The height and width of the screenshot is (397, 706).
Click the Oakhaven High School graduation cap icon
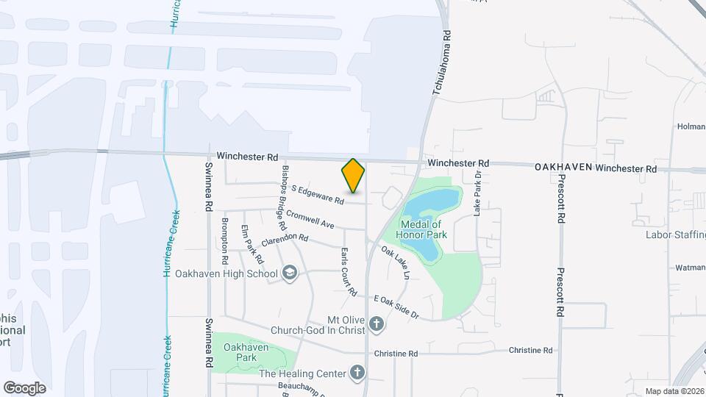tap(290, 273)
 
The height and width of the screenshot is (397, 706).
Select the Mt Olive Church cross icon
tap(377, 323)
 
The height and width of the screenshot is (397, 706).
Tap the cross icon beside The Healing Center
tap(358, 373)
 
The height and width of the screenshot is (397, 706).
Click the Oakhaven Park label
tap(246, 352)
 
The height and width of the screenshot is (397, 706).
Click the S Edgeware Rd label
tap(318, 195)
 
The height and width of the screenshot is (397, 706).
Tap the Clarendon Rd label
tap(284, 238)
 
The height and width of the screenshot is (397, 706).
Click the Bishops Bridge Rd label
tap(283, 193)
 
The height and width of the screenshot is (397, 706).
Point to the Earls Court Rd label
tap(347, 271)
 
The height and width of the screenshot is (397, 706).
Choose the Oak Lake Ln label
tap(395, 262)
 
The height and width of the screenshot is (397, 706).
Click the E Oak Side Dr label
tap(396, 307)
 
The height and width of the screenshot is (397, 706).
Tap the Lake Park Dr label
tap(477, 193)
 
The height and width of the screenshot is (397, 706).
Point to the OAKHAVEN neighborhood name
tap(563, 168)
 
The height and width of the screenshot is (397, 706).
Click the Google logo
tap(24, 387)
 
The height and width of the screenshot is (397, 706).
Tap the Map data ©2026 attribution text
tap(673, 391)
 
